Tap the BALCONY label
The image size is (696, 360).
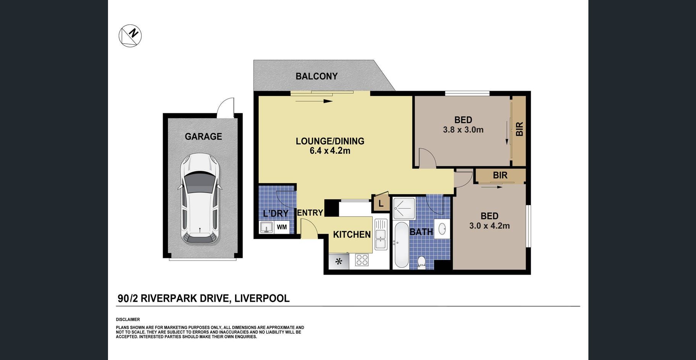point(317,76)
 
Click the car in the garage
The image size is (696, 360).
point(200,199)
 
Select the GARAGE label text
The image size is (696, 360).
point(203,137)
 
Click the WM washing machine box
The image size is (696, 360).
point(282,227)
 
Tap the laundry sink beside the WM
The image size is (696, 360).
point(266,227)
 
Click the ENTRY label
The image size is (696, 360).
point(310,213)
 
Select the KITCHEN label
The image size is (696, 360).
point(352,235)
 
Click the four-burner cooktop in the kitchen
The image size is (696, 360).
point(362,260)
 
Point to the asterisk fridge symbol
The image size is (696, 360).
point(338,262)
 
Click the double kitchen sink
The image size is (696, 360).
point(381,234)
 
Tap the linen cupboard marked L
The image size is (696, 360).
point(381,203)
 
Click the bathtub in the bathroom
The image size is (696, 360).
point(401,245)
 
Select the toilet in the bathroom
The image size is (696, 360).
point(422,262)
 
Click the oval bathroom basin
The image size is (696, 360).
point(442,229)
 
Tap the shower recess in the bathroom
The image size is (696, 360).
point(404,208)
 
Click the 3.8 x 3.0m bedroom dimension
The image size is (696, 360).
point(463,130)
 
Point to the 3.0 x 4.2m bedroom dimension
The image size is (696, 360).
point(490,226)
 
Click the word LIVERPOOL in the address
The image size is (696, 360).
point(262,298)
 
